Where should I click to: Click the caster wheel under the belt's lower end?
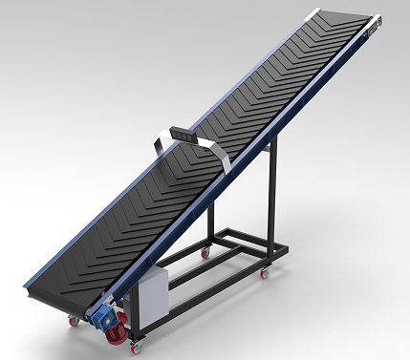click(x=74, y=320)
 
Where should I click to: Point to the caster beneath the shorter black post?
click(x=204, y=253)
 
